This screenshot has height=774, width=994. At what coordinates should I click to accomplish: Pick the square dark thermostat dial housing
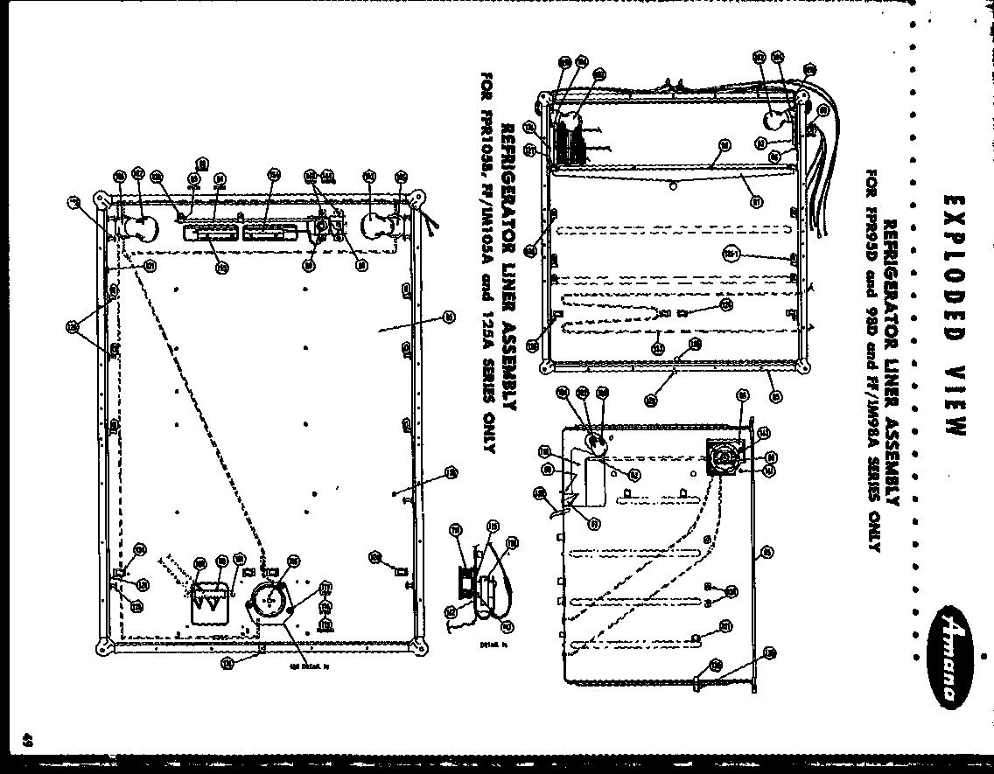pos(724,457)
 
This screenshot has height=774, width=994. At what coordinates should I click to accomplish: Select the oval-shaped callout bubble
pos(731,254)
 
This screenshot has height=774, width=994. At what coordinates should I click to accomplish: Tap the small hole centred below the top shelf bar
pos(671,185)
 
